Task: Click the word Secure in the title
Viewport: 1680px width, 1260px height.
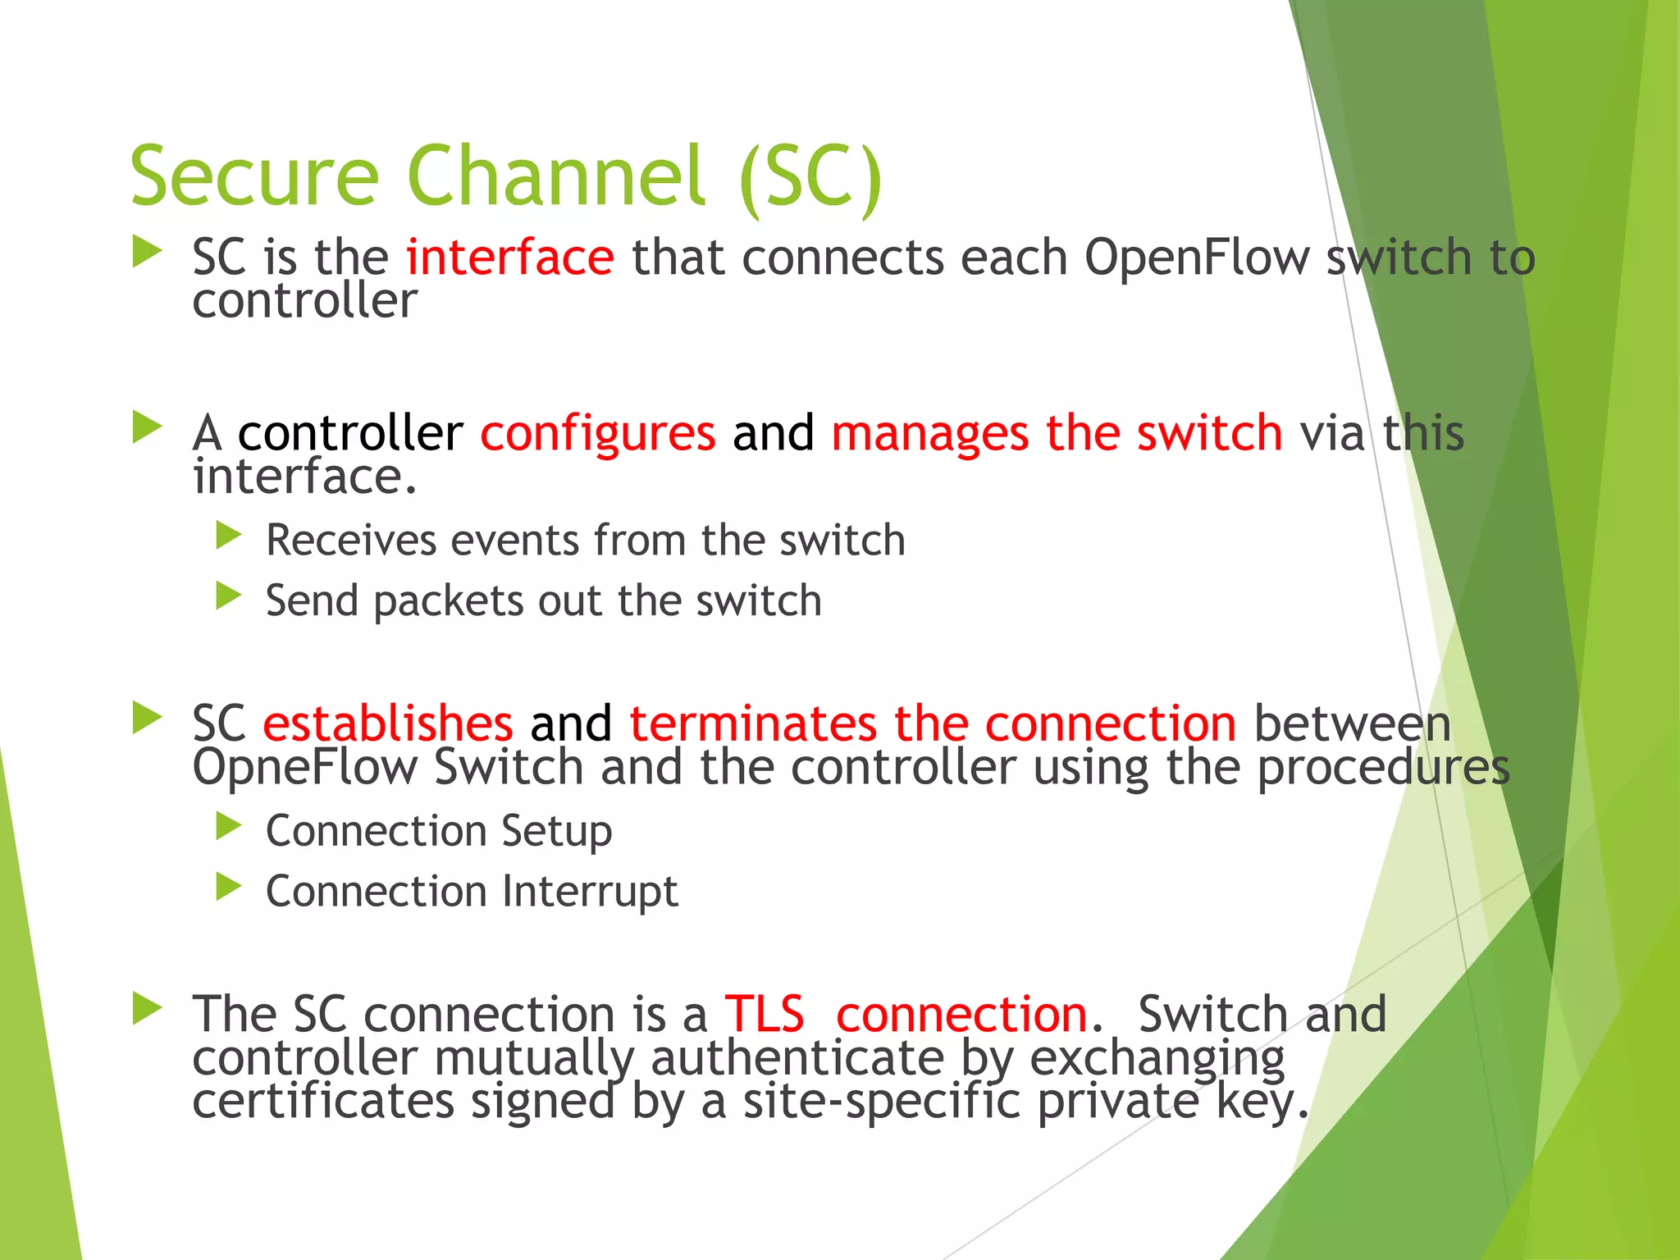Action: tap(254, 176)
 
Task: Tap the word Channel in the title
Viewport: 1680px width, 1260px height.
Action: tap(555, 176)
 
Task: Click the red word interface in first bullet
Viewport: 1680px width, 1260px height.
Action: tap(509, 257)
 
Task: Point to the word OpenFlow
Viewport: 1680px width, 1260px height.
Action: tap(1197, 258)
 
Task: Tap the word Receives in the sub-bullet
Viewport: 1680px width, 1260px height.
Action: tap(351, 541)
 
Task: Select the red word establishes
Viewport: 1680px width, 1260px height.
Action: tap(387, 724)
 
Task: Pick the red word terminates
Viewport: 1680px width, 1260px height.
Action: tap(752, 724)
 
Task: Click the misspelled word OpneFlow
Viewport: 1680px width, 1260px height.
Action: tap(304, 768)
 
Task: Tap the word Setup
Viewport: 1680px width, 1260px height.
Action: tap(556, 832)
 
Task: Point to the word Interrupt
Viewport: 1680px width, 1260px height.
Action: tap(590, 892)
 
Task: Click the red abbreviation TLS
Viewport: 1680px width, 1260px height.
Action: tap(764, 1015)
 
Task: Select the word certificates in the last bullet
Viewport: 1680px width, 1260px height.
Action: tap(323, 1101)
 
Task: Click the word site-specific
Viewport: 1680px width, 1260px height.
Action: tap(881, 1101)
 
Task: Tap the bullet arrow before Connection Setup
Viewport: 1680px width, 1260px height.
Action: tap(228, 827)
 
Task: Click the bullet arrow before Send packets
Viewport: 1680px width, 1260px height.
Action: tap(228, 596)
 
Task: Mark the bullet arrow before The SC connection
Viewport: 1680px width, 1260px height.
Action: tap(147, 1009)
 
